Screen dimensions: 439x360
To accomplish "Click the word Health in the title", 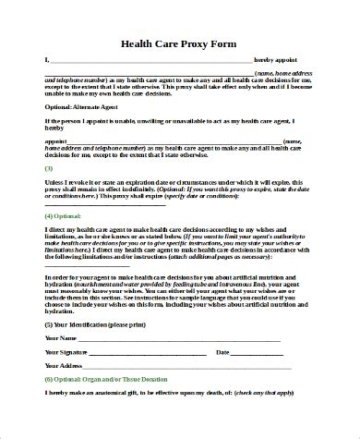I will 139,43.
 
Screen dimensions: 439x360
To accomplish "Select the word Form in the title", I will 224,43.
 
